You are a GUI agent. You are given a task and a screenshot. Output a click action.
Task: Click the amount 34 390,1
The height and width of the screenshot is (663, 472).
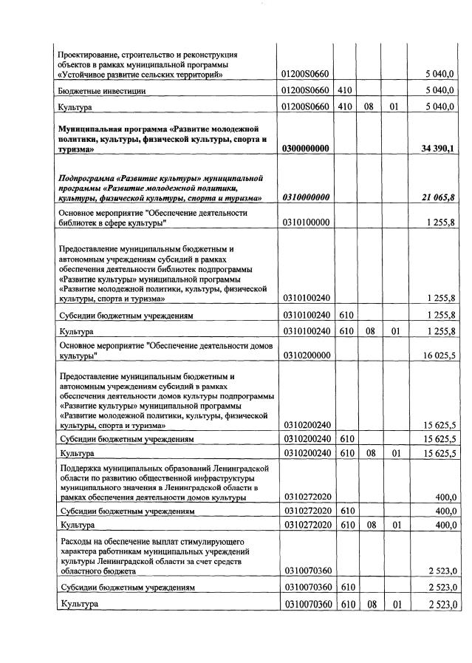click(x=437, y=149)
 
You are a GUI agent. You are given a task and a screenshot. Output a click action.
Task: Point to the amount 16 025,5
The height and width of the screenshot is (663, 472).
click(x=438, y=356)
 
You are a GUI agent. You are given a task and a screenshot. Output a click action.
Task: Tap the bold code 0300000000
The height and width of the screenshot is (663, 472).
click(x=305, y=149)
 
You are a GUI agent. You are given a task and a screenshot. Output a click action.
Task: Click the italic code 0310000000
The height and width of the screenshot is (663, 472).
click(x=305, y=197)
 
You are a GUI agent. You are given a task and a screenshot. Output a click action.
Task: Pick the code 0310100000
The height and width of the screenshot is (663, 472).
click(x=305, y=222)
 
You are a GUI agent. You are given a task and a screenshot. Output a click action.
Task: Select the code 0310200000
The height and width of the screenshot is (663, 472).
click(x=305, y=356)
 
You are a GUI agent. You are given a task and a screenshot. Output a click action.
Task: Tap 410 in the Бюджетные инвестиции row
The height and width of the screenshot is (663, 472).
click(x=343, y=90)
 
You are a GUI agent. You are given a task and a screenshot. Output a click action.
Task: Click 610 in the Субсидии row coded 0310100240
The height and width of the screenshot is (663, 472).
click(x=343, y=315)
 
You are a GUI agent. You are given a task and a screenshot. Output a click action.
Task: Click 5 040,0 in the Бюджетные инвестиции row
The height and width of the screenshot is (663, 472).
click(x=439, y=90)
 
